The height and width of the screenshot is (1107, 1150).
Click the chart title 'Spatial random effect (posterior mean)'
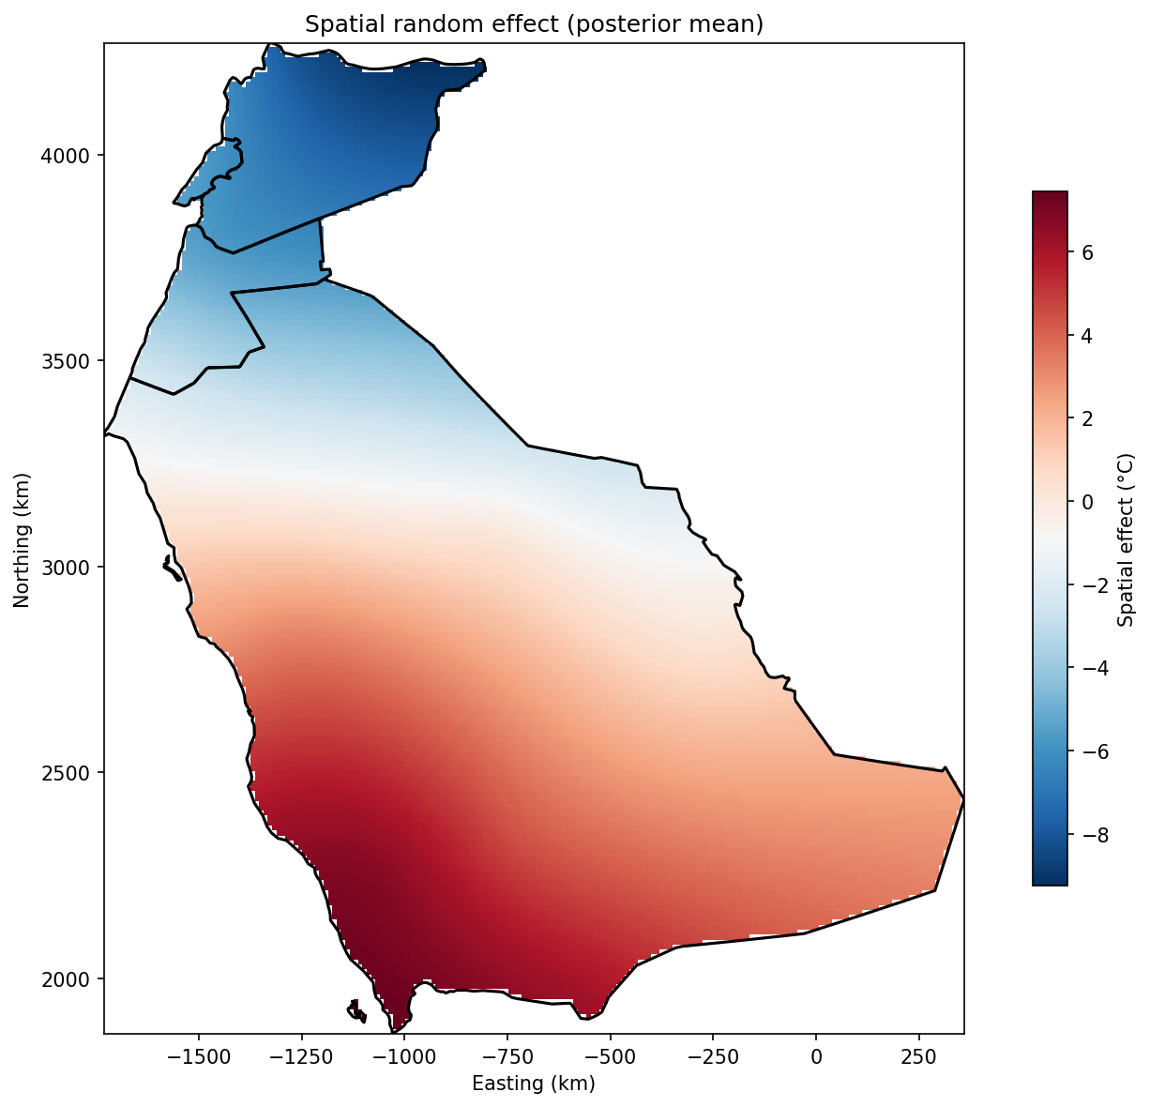(x=534, y=25)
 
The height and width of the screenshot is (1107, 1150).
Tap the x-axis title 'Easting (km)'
(x=534, y=1084)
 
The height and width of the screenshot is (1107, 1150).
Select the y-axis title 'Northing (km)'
(x=23, y=539)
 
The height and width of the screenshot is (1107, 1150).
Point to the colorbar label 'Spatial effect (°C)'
(x=1127, y=538)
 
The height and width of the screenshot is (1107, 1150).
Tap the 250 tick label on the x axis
(x=918, y=1056)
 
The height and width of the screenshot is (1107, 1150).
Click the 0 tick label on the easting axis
(x=816, y=1056)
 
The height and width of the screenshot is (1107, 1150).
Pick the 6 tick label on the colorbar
(x=1087, y=252)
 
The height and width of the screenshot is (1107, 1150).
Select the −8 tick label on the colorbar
(x=1092, y=835)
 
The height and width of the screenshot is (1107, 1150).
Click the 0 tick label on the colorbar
(x=1087, y=502)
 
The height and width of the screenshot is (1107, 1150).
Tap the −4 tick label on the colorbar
(x=1092, y=668)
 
